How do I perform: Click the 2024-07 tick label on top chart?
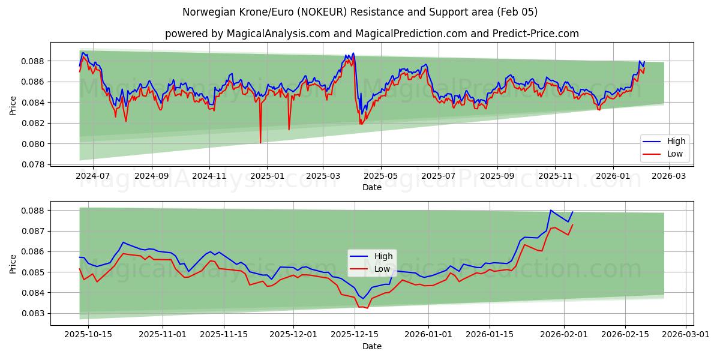(94, 176)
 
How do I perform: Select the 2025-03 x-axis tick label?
(323, 176)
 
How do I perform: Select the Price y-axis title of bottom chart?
(13, 263)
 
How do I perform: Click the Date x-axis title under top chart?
(372, 187)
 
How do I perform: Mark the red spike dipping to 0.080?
(260, 142)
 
